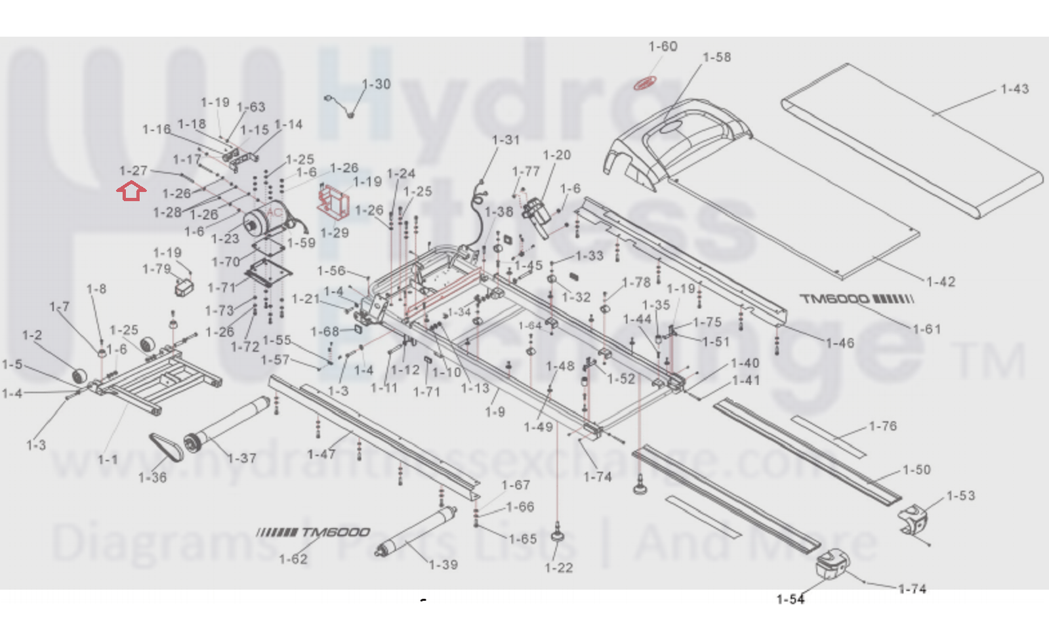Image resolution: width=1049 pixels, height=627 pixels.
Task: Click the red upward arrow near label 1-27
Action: pyautogui.click(x=131, y=192)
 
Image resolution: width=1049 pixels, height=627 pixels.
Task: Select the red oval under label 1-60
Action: pyautogui.click(x=644, y=83)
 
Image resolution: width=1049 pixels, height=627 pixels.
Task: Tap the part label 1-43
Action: pyautogui.click(x=1014, y=89)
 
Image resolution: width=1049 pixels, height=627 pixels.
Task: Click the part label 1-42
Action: pyautogui.click(x=940, y=282)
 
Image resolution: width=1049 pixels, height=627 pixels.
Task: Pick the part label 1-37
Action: pyautogui.click(x=242, y=458)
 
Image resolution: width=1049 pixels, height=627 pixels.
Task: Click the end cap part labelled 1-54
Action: pyautogui.click(x=832, y=565)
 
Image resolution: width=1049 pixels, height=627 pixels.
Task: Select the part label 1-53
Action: pyautogui.click(x=960, y=496)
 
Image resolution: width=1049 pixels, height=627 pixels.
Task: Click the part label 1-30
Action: pyautogui.click(x=377, y=85)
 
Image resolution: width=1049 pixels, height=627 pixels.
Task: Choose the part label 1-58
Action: pyautogui.click(x=716, y=58)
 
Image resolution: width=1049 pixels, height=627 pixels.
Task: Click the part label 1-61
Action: pyautogui.click(x=926, y=329)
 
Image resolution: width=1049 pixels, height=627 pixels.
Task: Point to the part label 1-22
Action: pyautogui.click(x=559, y=568)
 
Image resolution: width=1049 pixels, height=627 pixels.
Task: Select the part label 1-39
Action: pyautogui.click(x=443, y=565)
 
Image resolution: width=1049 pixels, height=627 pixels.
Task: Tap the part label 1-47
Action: pyautogui.click(x=321, y=455)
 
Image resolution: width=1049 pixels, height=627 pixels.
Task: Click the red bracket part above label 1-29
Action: pyautogui.click(x=333, y=201)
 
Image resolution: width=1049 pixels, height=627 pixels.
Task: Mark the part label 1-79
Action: pyautogui.click(x=157, y=270)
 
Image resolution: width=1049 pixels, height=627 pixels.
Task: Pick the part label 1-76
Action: pyautogui.click(x=883, y=426)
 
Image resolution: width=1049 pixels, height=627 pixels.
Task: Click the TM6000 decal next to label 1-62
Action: pyautogui.click(x=314, y=532)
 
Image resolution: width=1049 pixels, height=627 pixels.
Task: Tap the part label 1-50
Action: pyautogui.click(x=916, y=470)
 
